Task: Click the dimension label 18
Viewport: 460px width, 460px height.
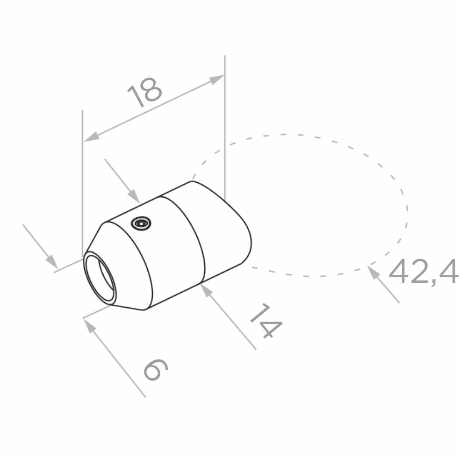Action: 144,92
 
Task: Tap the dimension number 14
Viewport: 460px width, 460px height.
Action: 266,321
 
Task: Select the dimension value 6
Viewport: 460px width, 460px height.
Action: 156,370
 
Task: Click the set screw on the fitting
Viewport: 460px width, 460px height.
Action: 141,223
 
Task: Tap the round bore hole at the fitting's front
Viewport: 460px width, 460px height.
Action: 100,277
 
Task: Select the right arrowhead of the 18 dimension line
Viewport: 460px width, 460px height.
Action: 217,79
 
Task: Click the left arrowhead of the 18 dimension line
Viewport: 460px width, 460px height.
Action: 92,137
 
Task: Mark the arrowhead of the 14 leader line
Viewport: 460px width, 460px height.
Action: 207,290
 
